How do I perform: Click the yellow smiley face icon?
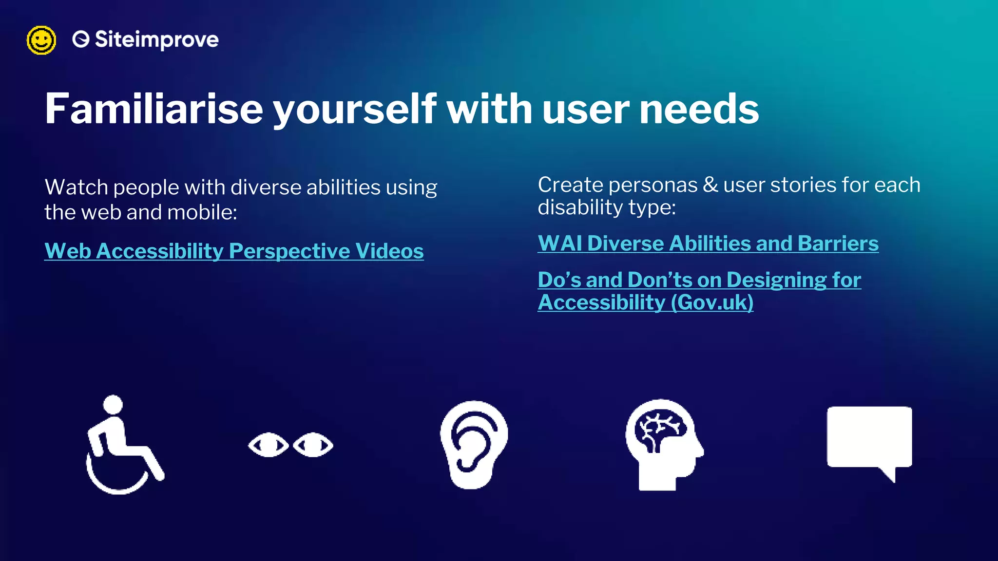[41, 40]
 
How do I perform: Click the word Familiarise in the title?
[154, 109]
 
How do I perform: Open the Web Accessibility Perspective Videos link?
[234, 251]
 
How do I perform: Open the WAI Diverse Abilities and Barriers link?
[708, 243]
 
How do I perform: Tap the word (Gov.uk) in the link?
[712, 302]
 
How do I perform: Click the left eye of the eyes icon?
[269, 445]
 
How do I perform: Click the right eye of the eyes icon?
[313, 445]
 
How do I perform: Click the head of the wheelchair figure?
[113, 405]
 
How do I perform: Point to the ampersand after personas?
[710, 185]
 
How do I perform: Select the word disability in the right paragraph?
[579, 207]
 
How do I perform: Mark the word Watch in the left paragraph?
[77, 187]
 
